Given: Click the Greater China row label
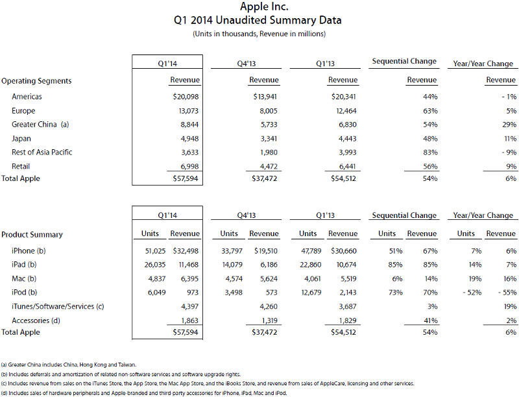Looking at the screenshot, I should click(x=40, y=125).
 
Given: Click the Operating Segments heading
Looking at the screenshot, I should click(x=36, y=81).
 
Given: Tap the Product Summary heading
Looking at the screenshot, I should click(x=32, y=234).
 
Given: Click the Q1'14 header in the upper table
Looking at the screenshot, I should click(x=167, y=63).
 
